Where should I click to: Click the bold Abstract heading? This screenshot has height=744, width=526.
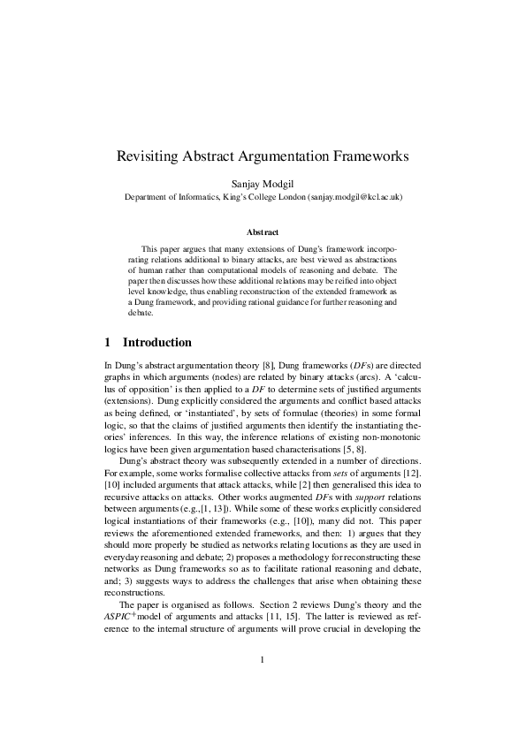pyautogui.click(x=263, y=232)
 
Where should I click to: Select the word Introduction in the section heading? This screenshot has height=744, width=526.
pyautogui.click(x=157, y=342)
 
